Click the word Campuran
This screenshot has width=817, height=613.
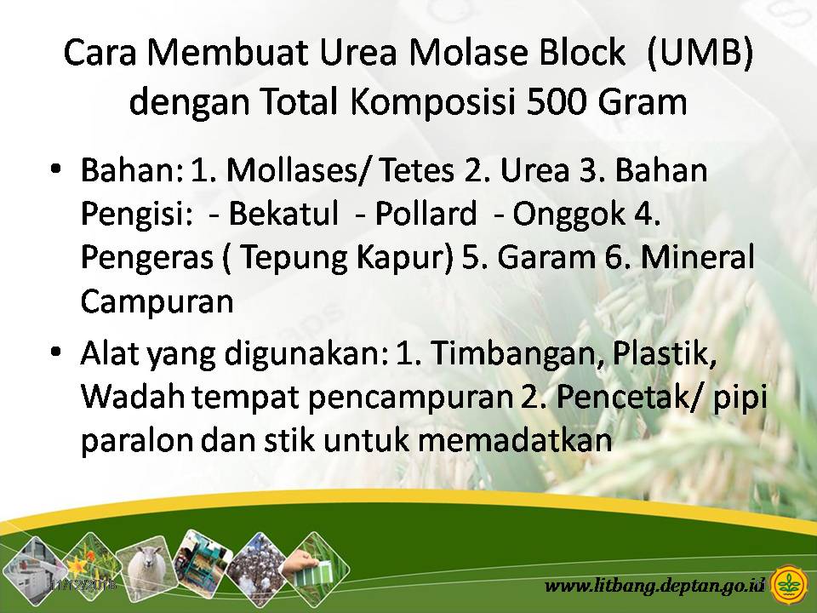coord(157,302)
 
